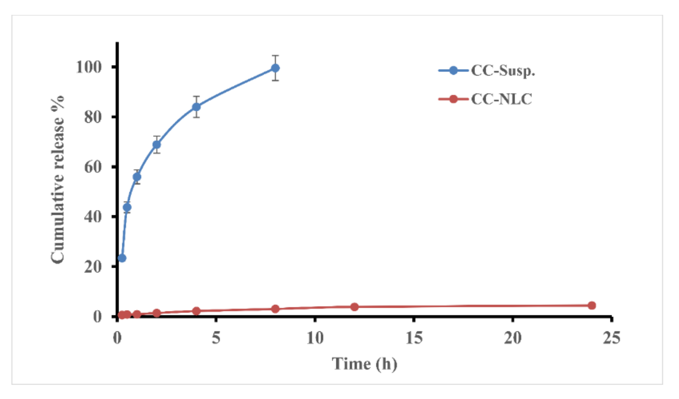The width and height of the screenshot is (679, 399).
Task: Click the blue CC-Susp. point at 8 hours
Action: pos(275,68)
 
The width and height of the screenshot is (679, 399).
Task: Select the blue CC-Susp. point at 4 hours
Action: pos(196,107)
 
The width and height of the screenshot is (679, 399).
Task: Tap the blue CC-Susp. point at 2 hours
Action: pos(157,144)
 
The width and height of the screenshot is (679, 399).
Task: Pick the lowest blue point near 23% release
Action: pos(122,258)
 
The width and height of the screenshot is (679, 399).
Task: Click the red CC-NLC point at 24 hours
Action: pos(592,305)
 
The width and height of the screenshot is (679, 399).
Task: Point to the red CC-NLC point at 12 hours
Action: pos(354,307)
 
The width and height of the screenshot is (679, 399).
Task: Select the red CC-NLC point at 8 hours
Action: pos(275,309)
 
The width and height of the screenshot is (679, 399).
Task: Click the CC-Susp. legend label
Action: pos(503,71)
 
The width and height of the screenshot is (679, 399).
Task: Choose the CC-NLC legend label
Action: pos(501,99)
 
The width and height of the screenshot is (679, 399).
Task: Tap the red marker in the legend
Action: pos(453,99)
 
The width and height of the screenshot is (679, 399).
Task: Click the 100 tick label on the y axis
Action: pos(89,67)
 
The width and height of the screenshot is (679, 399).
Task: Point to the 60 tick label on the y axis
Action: pos(93,167)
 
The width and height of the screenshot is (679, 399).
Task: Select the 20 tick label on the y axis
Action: pos(93,267)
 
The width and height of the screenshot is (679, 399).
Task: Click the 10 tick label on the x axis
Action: pos(315,338)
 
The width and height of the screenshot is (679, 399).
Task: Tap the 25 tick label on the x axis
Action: pos(611,338)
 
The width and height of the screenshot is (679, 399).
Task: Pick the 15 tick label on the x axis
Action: pos(414,338)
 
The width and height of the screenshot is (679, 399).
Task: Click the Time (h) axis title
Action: pos(364,364)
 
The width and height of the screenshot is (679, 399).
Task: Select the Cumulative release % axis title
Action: pos(58,180)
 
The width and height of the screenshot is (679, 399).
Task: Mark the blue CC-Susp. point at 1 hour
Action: pos(137,177)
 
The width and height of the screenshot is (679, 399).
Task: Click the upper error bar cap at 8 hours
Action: pos(275,55)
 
